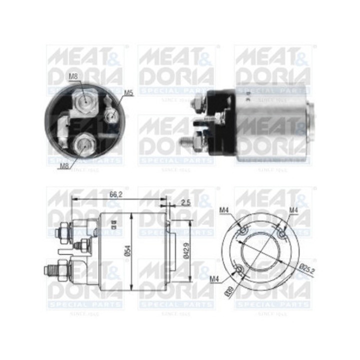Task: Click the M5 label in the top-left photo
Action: coord(128,92)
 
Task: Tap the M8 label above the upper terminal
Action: coord(73,76)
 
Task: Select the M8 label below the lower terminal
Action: coord(63,166)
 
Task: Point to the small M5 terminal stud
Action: coord(112,116)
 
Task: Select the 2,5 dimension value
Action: coord(185,202)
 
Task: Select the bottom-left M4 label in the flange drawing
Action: coord(215,278)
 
